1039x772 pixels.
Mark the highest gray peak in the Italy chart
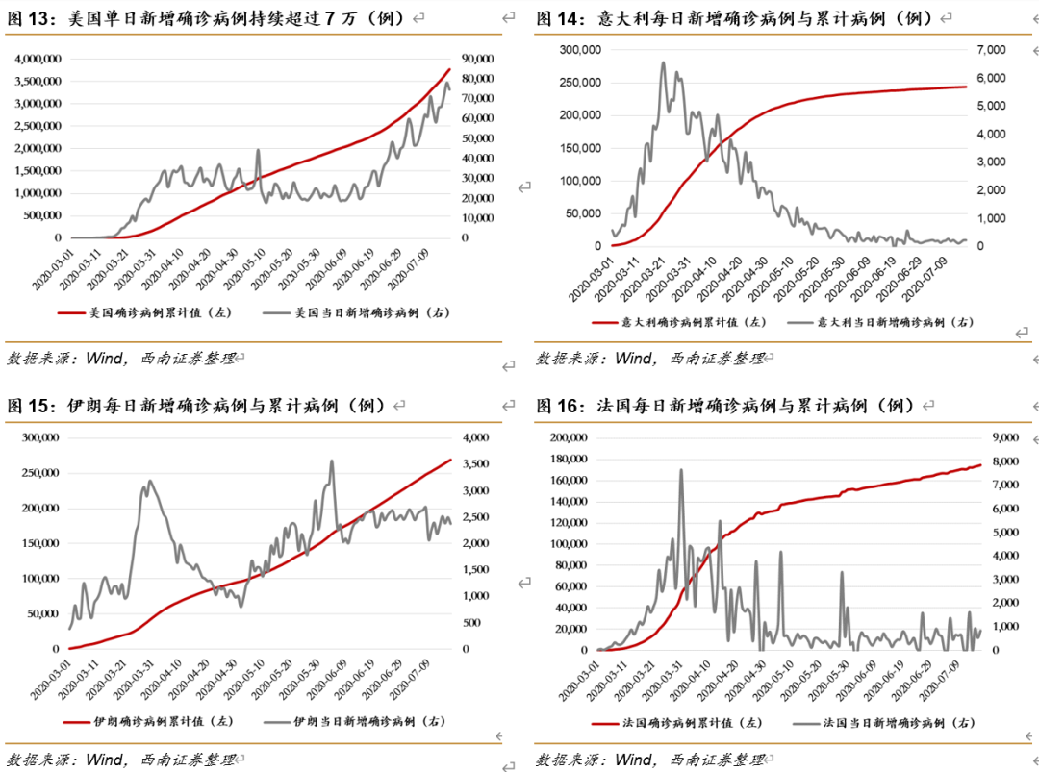(x=663, y=63)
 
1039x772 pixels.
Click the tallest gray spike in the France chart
(x=681, y=470)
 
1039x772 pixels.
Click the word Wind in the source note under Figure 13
(x=105, y=358)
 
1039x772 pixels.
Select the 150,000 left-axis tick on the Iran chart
(x=38, y=543)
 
